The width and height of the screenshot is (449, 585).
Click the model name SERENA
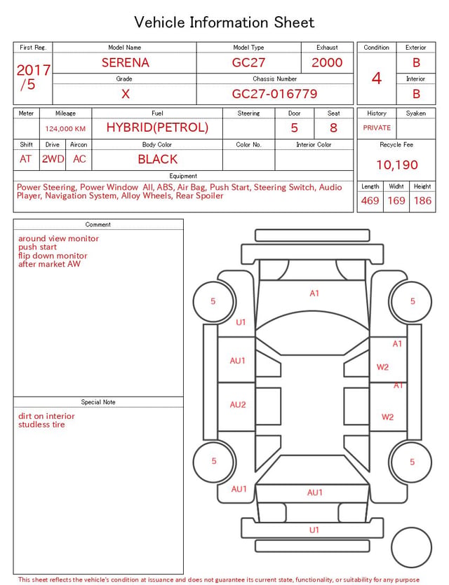[x=126, y=62]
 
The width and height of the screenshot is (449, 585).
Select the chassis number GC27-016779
[x=274, y=94]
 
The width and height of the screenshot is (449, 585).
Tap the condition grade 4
[x=377, y=78]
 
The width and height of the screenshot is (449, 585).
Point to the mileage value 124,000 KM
[x=65, y=129]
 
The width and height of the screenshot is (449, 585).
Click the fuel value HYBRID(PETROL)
[x=157, y=128]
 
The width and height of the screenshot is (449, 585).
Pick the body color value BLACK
[x=158, y=159]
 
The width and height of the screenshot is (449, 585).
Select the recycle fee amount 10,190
[x=396, y=165]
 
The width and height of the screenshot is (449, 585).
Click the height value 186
[x=422, y=200]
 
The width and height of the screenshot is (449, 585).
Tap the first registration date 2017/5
[x=33, y=77]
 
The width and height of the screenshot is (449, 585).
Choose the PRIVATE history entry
[x=377, y=128]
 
